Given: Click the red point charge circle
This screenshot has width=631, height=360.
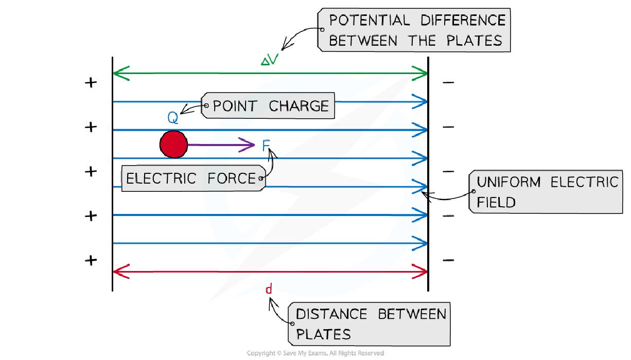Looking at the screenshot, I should (173, 145).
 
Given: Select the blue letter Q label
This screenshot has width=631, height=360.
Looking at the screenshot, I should (173, 118).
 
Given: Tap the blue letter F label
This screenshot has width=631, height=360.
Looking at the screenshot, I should (266, 146).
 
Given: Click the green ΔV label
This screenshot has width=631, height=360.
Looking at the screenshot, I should (269, 61).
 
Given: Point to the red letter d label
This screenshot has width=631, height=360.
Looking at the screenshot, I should (268, 290).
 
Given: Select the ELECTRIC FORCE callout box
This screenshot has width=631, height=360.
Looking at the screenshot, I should (191, 178).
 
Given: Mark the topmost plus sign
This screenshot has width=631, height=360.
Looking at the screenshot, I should (91, 82).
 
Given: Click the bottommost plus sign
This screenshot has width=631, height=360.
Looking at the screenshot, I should (91, 260).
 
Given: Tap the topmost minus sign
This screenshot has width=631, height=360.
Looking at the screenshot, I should (448, 82).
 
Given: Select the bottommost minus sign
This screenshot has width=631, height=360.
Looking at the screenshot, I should (448, 260).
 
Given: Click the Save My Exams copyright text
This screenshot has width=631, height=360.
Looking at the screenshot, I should (315, 353).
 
